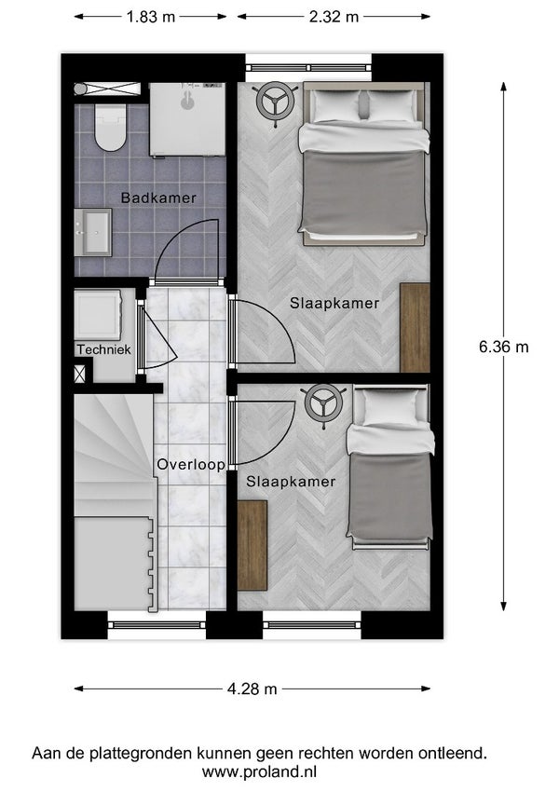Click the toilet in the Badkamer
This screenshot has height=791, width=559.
[x=110, y=127]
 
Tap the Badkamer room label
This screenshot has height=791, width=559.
[x=158, y=198]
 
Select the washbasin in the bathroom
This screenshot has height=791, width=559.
[x=93, y=233]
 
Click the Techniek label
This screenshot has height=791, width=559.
[x=104, y=349]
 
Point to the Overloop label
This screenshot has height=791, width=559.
[x=191, y=464]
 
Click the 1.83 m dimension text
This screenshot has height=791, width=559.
[x=150, y=17]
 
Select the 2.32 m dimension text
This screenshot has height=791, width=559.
[x=334, y=17]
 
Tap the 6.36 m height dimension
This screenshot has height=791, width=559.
[x=503, y=348]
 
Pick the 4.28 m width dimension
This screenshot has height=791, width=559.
[x=252, y=689]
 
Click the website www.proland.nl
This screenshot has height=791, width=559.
[x=259, y=771]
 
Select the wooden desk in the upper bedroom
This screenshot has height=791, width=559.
[x=415, y=327]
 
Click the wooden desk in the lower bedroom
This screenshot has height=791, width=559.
[x=252, y=545]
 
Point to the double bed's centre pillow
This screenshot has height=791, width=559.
[x=364, y=105]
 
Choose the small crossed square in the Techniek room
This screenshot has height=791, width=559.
[x=80, y=374]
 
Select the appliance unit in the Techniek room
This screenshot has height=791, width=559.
[x=98, y=314]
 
